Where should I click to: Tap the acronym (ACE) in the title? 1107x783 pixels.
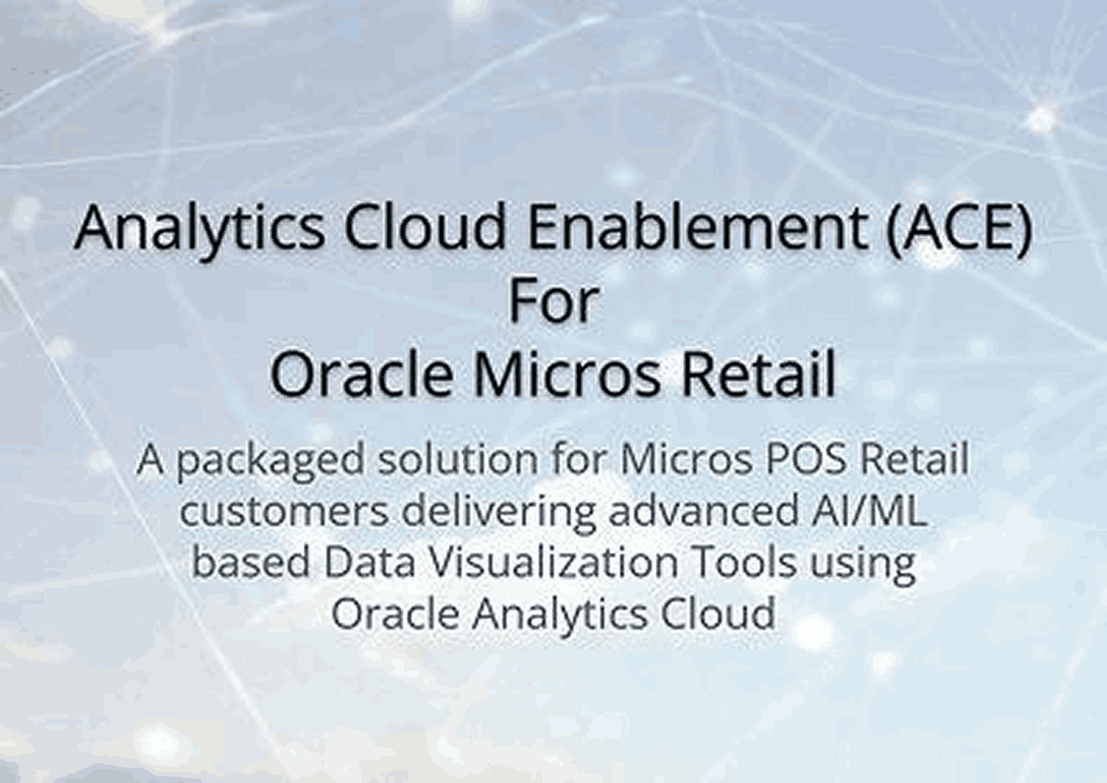[x=959, y=229]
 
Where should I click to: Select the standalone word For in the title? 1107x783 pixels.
[x=553, y=301]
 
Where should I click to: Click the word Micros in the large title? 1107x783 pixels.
[x=567, y=374]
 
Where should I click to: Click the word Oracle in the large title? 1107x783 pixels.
[x=361, y=374]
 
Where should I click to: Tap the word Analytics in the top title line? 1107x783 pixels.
[x=199, y=229]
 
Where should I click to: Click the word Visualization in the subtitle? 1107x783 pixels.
[x=552, y=563]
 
